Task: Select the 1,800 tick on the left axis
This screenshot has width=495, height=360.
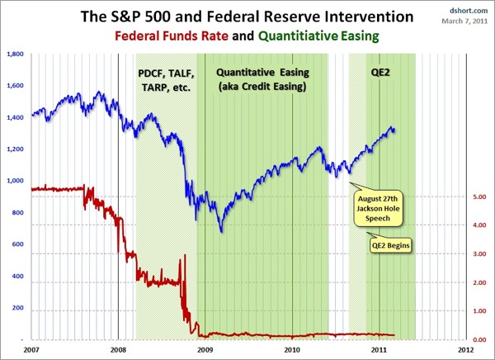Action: coord(14,54)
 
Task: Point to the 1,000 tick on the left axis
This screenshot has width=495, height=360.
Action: coord(14,181)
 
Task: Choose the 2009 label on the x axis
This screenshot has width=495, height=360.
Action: coord(205,351)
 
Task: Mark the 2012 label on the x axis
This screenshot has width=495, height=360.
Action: coord(466,351)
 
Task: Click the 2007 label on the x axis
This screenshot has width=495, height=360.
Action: coord(31,351)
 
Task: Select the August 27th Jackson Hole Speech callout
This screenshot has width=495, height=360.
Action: coord(377,211)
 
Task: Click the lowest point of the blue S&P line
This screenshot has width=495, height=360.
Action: coord(221,230)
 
